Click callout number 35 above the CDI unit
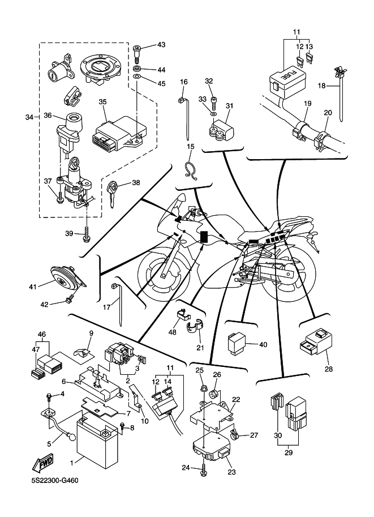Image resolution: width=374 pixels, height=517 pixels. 102,102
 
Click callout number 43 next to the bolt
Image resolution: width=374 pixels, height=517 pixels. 161,45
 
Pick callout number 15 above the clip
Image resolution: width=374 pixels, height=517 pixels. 191,147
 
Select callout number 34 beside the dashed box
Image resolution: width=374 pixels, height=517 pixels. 29,117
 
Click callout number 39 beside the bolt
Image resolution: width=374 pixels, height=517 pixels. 69,233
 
